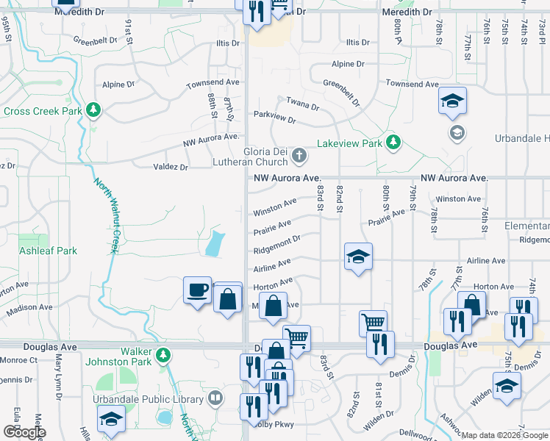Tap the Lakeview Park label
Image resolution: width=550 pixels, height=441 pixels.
[x=349, y=143]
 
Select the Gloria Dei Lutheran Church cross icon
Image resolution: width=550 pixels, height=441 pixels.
[x=299, y=155]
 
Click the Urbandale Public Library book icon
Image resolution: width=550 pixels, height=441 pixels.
[x=215, y=399]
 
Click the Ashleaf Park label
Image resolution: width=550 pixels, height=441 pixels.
[x=48, y=251]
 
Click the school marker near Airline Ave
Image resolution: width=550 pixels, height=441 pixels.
[x=358, y=257]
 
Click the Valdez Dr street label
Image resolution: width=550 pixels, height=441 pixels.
[x=171, y=167]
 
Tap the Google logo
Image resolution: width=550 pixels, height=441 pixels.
[x=24, y=432]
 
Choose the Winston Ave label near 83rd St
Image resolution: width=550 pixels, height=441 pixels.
[x=275, y=207]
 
